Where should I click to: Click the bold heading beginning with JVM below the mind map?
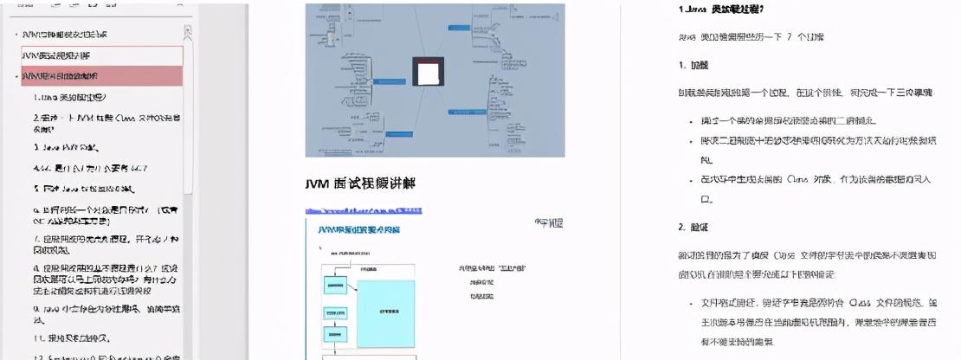click(360, 183)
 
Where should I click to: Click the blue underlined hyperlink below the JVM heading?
click(364, 210)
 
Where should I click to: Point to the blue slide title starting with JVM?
click(358, 230)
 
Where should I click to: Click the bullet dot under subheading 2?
click(691, 304)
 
